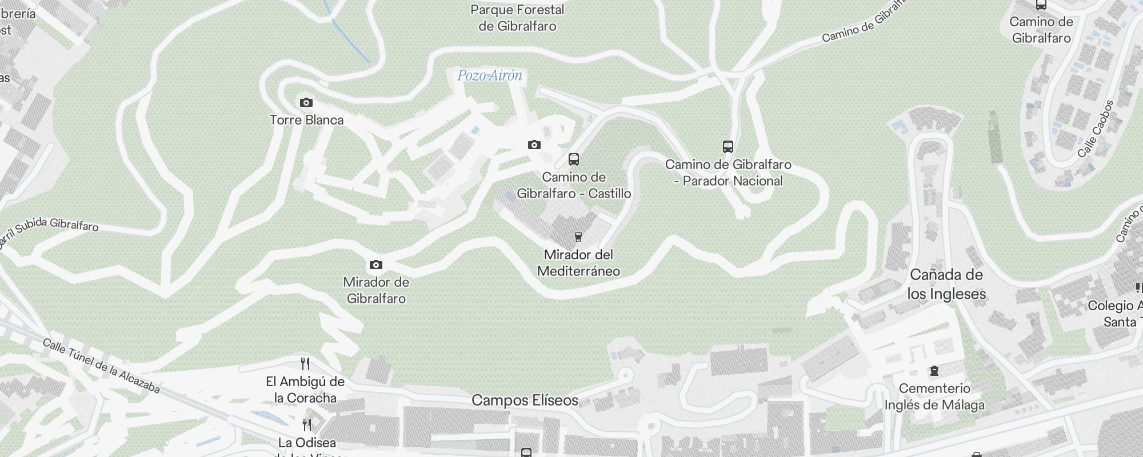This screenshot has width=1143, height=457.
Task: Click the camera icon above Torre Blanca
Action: click(x=306, y=103)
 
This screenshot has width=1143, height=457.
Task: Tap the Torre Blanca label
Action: click(x=306, y=120)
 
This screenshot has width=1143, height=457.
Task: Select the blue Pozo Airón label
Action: click(x=490, y=75)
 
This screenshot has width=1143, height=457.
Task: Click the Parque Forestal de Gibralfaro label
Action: click(x=517, y=18)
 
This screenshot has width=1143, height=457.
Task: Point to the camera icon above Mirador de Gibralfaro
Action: click(x=375, y=264)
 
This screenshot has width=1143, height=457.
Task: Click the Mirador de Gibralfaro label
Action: click(x=376, y=290)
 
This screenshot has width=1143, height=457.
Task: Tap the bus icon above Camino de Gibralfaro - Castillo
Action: click(x=574, y=159)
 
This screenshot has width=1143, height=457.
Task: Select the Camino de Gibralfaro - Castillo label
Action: click(x=574, y=185)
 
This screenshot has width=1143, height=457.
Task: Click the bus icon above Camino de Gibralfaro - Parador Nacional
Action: click(x=728, y=147)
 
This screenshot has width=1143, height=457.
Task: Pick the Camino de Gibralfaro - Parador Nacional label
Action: click(x=728, y=173)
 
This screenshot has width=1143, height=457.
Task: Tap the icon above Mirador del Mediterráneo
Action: click(x=578, y=236)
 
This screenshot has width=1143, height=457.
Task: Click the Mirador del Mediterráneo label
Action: click(x=578, y=263)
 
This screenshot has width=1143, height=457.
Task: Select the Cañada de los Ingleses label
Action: click(x=946, y=284)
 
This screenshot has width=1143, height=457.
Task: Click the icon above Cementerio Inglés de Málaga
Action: click(x=934, y=371)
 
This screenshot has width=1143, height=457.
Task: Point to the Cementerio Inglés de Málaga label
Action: click(x=934, y=396)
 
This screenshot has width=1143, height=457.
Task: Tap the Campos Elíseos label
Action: click(x=525, y=400)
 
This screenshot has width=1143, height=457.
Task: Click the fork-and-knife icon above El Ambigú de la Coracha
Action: click(x=305, y=364)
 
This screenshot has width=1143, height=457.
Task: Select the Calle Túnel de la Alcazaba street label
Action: click(x=101, y=366)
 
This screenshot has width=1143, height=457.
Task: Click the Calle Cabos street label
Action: click(x=1096, y=129)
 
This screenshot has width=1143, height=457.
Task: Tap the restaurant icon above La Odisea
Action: click(x=307, y=425)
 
